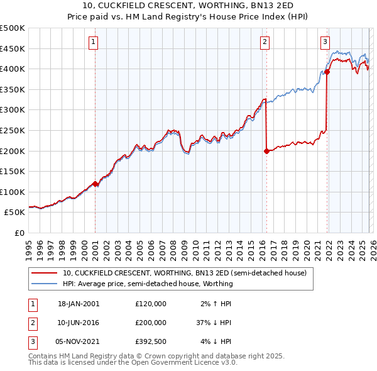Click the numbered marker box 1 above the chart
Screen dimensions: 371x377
pos(93,42)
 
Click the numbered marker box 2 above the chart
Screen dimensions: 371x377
pos(265,42)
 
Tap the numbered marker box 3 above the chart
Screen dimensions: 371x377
pos(325,42)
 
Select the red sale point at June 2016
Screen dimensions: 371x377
pos(266,151)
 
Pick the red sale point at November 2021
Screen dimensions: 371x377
pos(327,72)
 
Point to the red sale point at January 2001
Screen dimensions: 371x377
pos(96,184)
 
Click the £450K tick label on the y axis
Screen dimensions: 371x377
pos(13,48)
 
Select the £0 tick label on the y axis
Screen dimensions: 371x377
pos(20,233)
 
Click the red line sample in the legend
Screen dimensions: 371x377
pos(45,274)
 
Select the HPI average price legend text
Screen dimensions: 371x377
pos(148,284)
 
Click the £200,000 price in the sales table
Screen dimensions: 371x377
pos(150,322)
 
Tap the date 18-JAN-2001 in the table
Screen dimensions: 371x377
pos(78,303)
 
